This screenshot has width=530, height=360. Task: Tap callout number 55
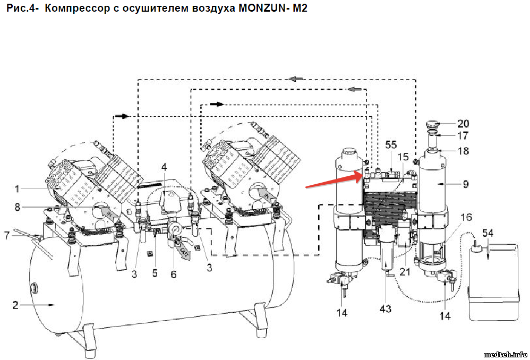(x=391, y=145)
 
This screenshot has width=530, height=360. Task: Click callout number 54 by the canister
(x=488, y=233)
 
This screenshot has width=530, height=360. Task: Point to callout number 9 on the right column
(x=466, y=185)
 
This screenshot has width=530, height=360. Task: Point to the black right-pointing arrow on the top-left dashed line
(x=122, y=116)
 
